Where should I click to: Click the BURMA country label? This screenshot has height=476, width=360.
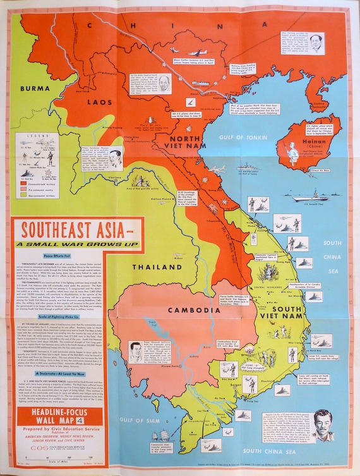pyautogui.click(x=35, y=88)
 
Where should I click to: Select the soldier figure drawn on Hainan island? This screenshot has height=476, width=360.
pyautogui.click(x=292, y=152)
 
